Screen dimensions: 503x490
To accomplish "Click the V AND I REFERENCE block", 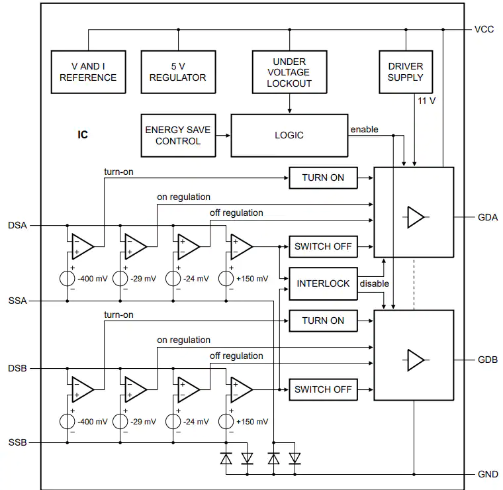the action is tap(88, 72).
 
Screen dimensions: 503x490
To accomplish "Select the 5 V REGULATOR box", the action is tap(178, 72).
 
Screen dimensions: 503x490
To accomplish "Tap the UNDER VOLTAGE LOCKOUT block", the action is tap(289, 72).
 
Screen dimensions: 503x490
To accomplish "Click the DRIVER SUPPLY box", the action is tap(406, 72).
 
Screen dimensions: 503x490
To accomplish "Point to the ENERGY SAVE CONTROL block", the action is tap(178, 136).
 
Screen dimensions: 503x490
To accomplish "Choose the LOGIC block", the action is tap(289, 136).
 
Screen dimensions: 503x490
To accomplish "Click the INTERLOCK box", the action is tap(323, 283).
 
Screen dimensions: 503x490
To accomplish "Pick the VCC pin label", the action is tap(484, 30).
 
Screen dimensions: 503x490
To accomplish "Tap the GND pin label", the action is tap(488, 474).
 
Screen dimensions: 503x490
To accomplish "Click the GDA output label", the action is tap(488, 218).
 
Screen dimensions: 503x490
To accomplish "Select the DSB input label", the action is tap(17, 368).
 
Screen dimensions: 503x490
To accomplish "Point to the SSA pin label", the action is tap(17, 301).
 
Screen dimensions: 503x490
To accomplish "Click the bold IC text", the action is tap(83, 135).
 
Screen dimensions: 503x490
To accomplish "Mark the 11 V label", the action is tap(426, 101).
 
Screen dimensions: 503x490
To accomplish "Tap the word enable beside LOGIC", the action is tap(364, 129).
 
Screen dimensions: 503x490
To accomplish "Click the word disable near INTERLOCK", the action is tap(375, 283).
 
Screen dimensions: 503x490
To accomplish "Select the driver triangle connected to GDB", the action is tap(416, 360).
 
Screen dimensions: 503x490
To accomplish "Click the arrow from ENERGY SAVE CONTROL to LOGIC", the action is tap(223, 136).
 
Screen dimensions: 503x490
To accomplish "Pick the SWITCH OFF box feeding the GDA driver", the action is tap(323, 246).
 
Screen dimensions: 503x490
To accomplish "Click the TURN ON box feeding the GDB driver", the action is tap(323, 320).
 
